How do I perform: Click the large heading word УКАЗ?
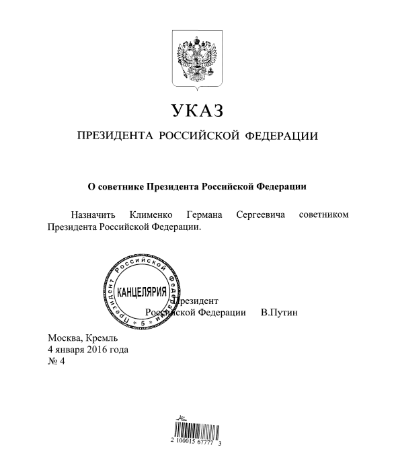[x=197, y=110]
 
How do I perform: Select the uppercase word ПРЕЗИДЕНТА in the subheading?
[x=115, y=136]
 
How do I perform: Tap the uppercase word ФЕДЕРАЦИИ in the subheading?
[x=283, y=136]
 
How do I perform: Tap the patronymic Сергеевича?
[x=262, y=215]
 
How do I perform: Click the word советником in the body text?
[x=325, y=215]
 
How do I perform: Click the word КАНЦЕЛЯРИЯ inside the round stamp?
[x=142, y=295]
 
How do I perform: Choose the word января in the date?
[x=69, y=350]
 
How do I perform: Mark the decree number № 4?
[x=56, y=362]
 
